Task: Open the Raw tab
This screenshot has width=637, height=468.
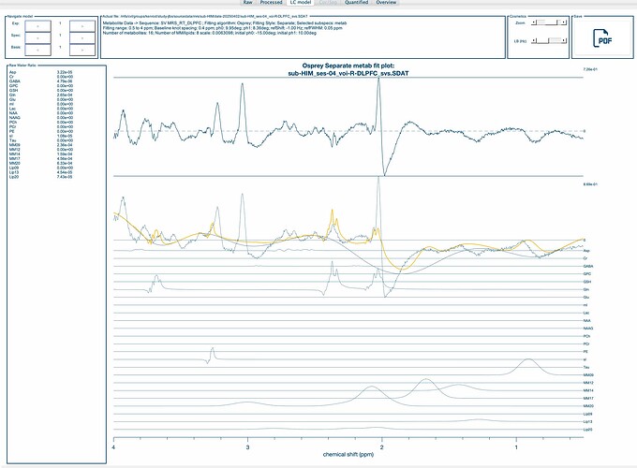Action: point(247,4)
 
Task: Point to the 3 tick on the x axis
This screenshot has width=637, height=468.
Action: point(247,448)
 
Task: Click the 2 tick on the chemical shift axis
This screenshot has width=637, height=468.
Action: point(381,448)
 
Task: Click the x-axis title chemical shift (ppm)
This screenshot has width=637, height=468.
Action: point(348,455)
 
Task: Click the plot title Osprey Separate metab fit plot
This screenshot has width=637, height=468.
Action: point(348,63)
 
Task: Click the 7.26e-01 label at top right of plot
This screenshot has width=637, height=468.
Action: point(590,70)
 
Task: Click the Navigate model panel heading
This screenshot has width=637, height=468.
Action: point(19,16)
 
